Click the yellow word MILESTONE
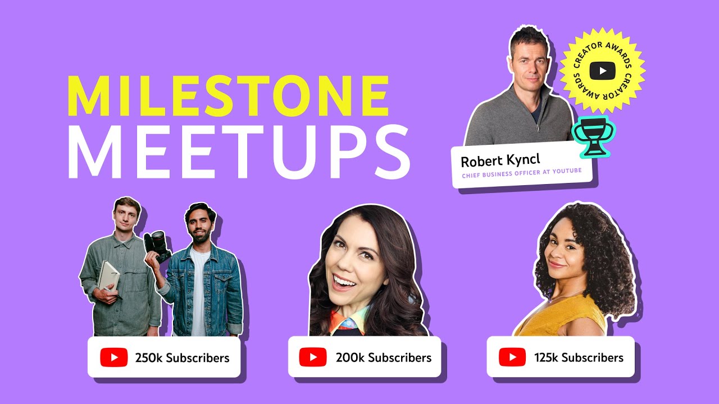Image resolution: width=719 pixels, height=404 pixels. tap(228, 95)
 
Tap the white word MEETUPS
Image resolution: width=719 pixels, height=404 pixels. tap(239, 152)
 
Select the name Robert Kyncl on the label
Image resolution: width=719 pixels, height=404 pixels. tap(500, 160)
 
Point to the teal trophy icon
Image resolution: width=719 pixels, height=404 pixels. tap(594, 136)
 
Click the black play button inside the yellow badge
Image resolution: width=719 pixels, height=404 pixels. tap(603, 71)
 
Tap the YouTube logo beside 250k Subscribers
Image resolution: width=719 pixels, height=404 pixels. tap(114, 357)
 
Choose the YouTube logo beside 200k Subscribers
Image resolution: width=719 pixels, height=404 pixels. tap(313, 357)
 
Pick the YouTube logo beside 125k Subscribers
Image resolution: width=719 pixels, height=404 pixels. tap(512, 357)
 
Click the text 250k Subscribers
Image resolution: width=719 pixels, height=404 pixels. tap(183, 358)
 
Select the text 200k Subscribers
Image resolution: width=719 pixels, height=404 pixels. tap(384, 357)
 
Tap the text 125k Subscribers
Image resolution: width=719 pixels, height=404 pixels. tap(579, 357)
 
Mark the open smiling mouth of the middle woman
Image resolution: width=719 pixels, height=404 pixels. tap(344, 282)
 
